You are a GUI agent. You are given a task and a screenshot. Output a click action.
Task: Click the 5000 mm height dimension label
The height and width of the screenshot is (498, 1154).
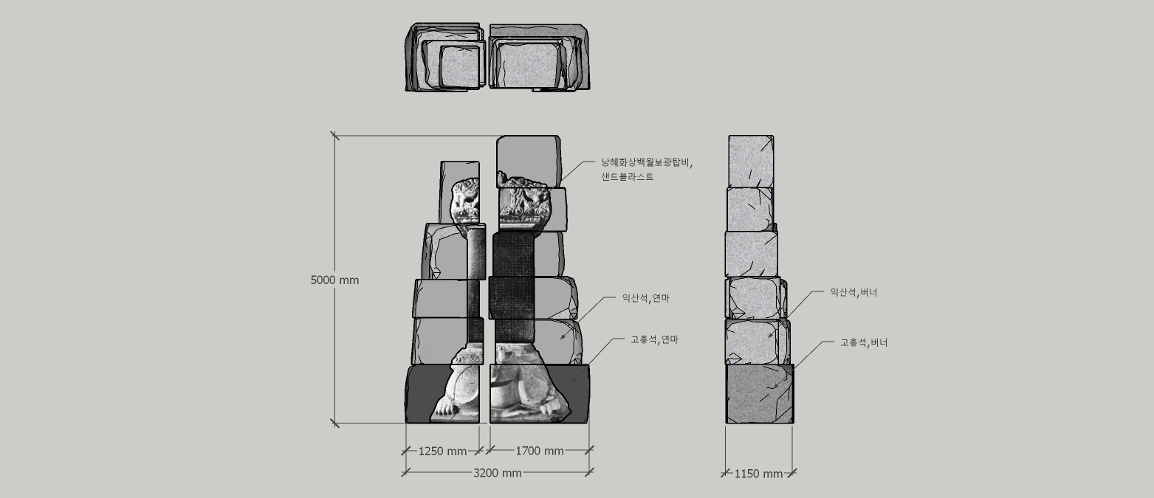[334, 280]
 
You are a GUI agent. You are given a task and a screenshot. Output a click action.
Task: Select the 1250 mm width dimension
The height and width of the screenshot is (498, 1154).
[442, 452]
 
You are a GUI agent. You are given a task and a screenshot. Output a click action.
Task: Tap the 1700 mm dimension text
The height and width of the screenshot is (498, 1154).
[539, 452]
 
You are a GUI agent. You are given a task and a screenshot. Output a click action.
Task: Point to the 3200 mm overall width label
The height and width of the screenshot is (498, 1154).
[497, 473]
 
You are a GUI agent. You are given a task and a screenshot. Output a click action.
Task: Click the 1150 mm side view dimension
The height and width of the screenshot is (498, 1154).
[758, 474]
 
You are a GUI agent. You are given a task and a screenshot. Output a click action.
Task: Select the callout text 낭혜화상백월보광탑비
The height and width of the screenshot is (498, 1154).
[647, 162]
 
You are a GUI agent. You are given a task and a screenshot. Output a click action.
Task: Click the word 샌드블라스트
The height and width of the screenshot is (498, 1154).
[628, 177]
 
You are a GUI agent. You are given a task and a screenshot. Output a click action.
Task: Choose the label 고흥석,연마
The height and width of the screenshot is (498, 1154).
[654, 339]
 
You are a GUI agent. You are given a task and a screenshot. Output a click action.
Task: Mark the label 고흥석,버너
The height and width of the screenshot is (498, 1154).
[864, 342]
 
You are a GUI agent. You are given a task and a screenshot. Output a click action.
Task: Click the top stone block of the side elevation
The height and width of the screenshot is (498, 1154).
[750, 161]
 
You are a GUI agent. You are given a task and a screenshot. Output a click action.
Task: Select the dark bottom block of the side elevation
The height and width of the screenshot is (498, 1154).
[760, 393]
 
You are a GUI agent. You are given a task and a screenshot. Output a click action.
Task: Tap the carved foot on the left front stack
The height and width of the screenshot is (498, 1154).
[446, 405]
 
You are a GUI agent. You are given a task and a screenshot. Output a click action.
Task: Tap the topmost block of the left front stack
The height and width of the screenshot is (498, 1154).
[459, 171]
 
